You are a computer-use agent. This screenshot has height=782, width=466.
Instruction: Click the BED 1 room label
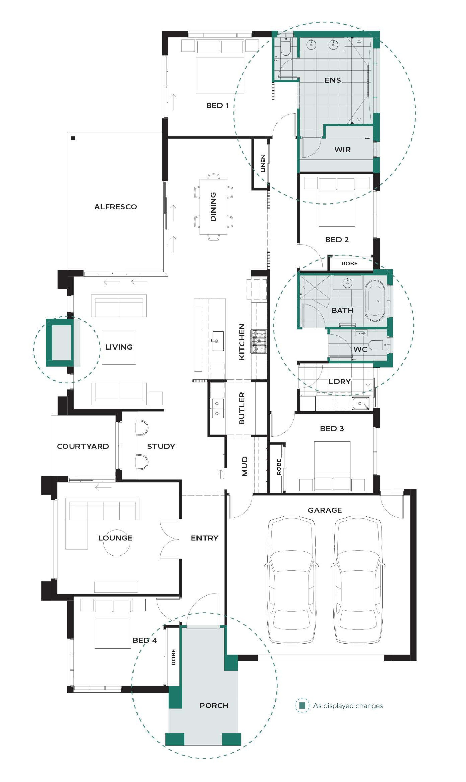pos(217,105)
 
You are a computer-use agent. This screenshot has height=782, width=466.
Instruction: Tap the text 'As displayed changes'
pos(348,706)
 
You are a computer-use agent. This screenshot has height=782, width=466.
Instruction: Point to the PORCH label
pos(214,706)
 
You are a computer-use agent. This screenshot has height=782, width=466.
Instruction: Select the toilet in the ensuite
pos(286,48)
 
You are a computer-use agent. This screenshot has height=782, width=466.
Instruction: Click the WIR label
pos(343,150)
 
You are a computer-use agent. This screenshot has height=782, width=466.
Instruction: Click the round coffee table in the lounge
pos(116,543)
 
